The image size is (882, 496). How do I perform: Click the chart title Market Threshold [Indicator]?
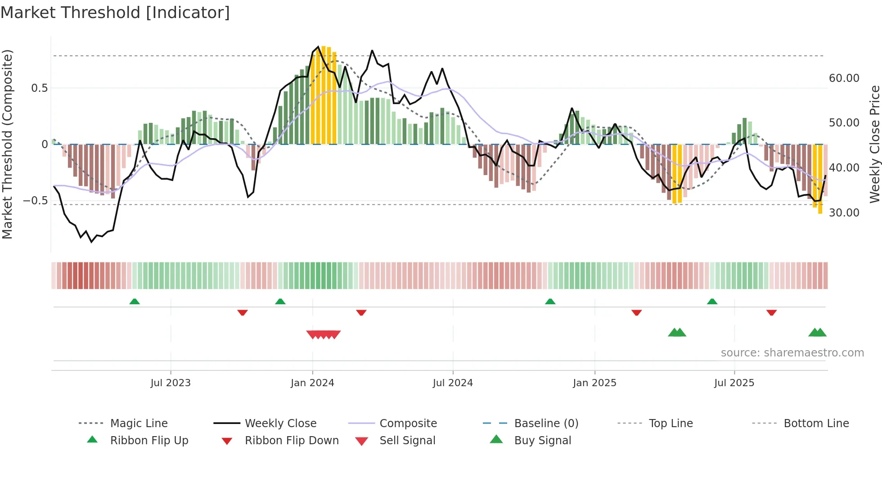pos(115,13)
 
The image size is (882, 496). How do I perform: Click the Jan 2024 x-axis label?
pos(312,383)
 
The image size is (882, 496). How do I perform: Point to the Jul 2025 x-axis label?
pos(734,383)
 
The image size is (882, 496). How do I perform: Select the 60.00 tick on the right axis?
pos(844,78)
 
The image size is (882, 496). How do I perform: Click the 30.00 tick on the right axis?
pos(844,213)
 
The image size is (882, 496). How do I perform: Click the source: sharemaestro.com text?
pos(792,353)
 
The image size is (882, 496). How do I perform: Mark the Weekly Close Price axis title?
pos(874,144)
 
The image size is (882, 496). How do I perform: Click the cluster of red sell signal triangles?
pos(324,334)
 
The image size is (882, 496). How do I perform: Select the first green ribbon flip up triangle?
pos(135,301)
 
